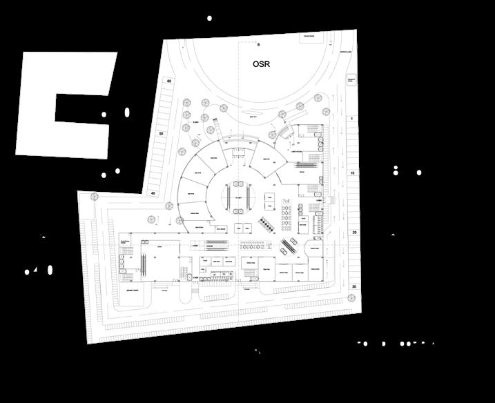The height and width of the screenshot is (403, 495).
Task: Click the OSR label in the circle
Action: coord(261,64)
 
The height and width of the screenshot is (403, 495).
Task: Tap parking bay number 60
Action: coord(168,81)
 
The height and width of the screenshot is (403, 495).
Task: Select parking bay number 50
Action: coord(161,133)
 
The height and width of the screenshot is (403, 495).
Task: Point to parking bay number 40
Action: coord(153,193)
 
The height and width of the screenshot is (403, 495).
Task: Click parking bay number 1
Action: coord(351,119)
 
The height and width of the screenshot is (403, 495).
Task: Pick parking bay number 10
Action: coord(352,173)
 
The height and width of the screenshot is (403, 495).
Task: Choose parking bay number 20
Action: coord(353,233)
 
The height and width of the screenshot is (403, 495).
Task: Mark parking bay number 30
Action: coord(353,286)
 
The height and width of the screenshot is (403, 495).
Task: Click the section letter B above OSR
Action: coord(258,45)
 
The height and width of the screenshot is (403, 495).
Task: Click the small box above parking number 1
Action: coord(351,81)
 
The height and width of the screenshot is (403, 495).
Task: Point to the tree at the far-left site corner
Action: coord(94,197)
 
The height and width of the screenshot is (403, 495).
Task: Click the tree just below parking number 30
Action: coord(351,298)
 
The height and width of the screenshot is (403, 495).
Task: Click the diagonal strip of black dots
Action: coord(266,226)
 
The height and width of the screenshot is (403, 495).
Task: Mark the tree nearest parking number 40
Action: coord(170,204)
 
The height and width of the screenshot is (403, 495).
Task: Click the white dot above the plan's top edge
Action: coord(210,18)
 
